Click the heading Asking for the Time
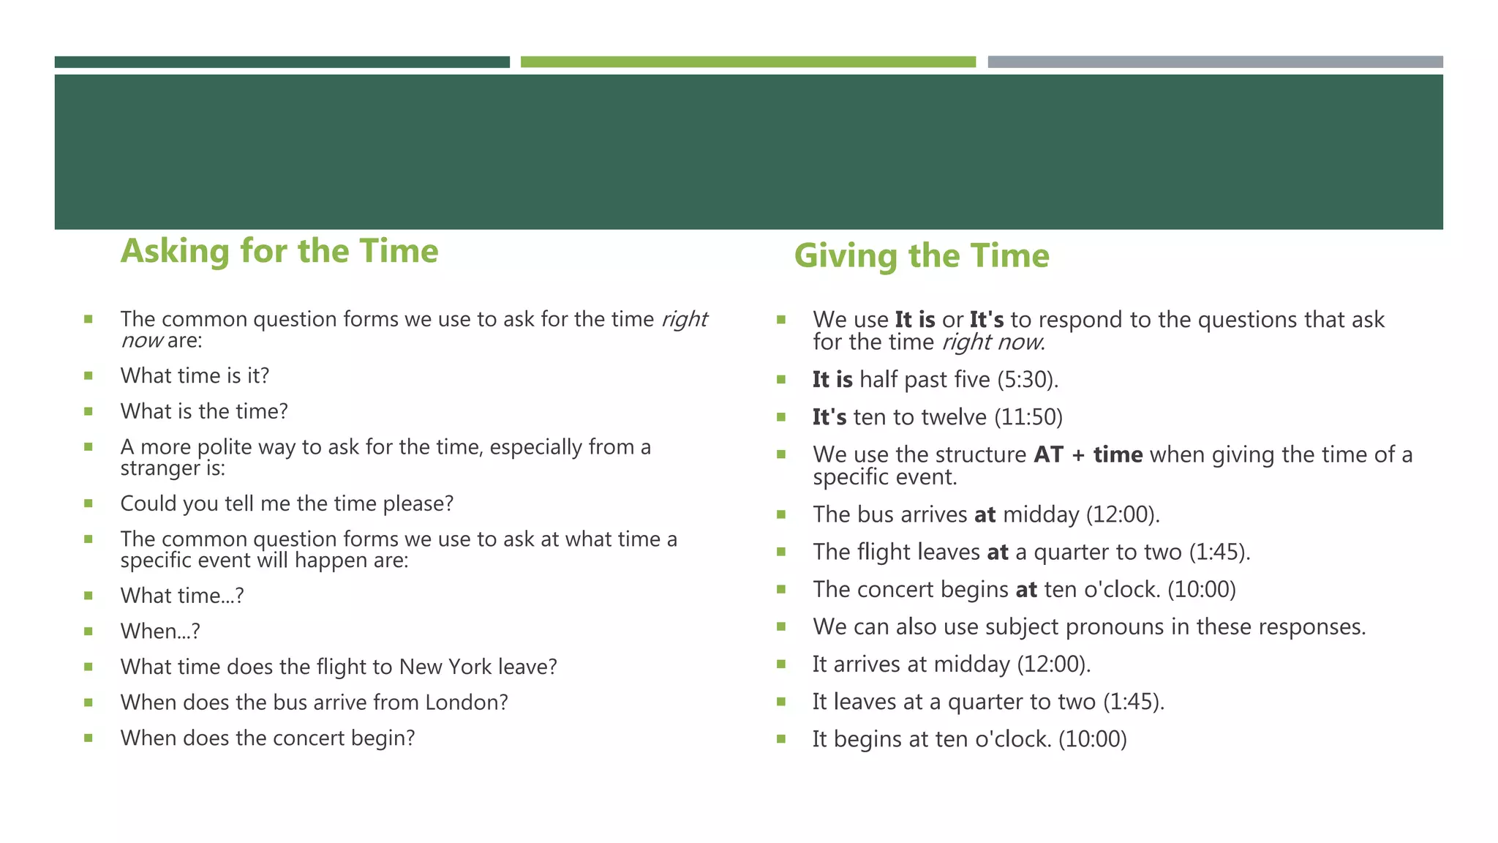click(279, 251)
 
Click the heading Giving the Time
click(921, 256)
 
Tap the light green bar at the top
click(748, 62)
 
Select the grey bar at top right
click(1215, 62)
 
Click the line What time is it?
click(195, 375)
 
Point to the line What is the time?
click(204, 411)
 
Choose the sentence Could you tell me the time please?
click(287, 503)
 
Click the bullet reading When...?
click(160, 631)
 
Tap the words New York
click(446, 667)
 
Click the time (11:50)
click(1028, 417)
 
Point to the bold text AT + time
click(1088, 454)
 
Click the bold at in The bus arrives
click(985, 514)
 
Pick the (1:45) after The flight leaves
click(1218, 552)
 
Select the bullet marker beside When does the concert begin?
click(89, 738)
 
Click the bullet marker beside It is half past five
click(781, 380)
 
